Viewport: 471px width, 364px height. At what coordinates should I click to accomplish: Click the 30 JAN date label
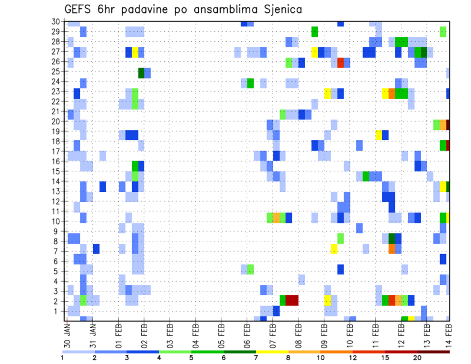[68, 334]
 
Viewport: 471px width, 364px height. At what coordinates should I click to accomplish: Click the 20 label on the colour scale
[418, 358]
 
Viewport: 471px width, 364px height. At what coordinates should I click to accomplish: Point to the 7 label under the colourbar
[256, 358]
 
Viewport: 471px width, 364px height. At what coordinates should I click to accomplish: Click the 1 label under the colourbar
[62, 358]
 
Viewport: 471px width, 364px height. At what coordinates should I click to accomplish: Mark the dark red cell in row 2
[292, 300]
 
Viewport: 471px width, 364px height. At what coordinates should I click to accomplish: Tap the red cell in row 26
[340, 62]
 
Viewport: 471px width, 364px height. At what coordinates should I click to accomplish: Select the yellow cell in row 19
[379, 134]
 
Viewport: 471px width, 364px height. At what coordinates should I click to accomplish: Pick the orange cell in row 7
[392, 249]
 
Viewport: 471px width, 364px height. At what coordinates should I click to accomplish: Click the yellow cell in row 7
[334, 249]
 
